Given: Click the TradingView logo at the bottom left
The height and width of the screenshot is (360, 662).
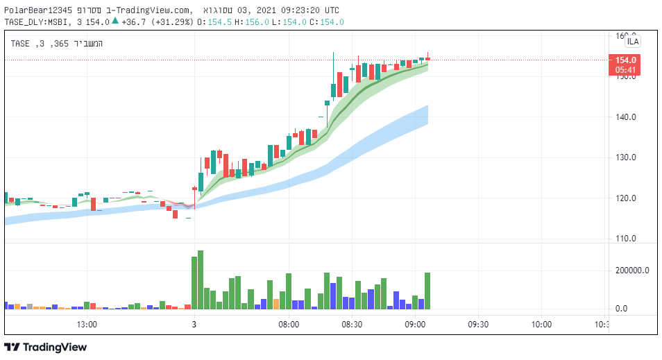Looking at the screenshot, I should (46, 347).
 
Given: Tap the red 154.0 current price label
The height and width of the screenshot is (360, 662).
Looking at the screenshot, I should (622, 60).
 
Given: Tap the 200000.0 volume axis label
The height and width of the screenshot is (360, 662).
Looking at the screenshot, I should (631, 271).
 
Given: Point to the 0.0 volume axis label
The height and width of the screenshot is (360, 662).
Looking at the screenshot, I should (622, 309).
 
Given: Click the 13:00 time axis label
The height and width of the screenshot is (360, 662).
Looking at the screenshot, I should (87, 324).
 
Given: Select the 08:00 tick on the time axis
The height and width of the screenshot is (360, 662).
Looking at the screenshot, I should (289, 324).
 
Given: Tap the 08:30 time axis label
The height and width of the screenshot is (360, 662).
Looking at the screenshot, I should (352, 324).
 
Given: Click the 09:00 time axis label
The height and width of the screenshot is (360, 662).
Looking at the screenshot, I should (415, 324).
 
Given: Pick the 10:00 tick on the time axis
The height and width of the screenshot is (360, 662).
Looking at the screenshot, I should (541, 324).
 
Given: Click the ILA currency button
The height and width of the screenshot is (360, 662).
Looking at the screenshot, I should (633, 42).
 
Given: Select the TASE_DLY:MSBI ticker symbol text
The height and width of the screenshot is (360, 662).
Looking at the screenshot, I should (36, 22).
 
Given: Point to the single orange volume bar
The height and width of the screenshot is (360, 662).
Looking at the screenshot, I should (276, 304).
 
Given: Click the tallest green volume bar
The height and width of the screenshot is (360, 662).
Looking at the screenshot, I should (201, 280).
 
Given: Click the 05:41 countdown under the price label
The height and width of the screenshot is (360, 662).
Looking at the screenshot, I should (622, 70).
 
